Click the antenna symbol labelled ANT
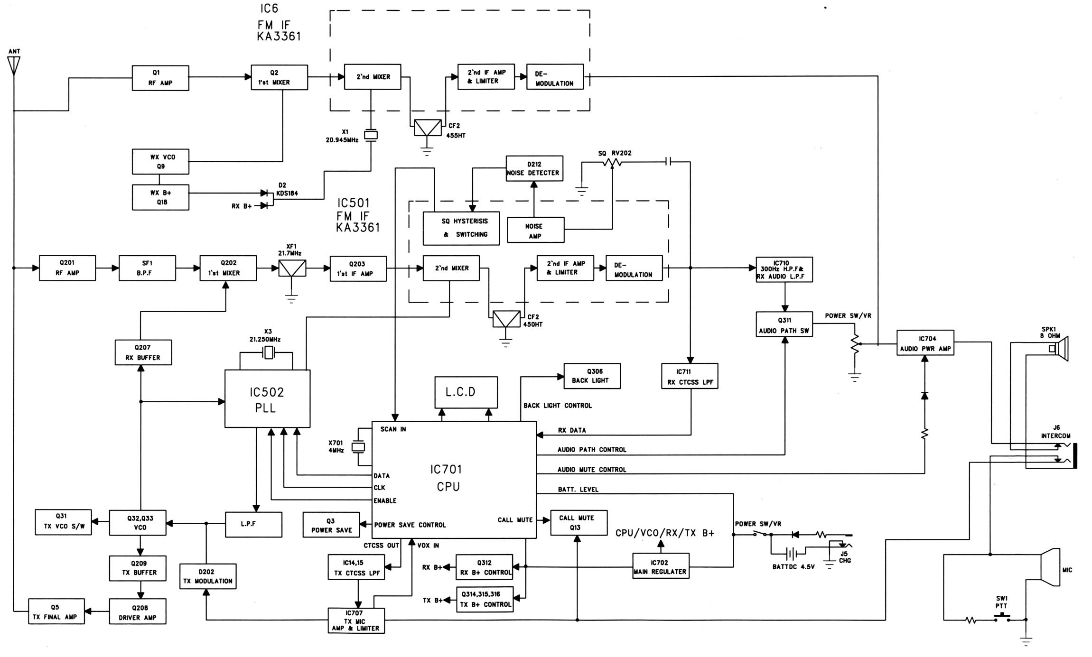coord(14,65)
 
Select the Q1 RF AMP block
coord(160,78)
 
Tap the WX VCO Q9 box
coord(160,162)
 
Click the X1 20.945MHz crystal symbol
coord(371,136)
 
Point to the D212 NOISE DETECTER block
coord(534,168)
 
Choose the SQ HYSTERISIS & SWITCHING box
coord(461,228)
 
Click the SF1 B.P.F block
coord(147,268)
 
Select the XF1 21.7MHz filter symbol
coord(292,268)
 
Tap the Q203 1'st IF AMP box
coord(358,269)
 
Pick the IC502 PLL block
coord(267,399)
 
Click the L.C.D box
coord(466,392)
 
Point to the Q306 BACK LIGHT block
coord(591,376)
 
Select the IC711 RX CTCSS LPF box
coord(690,376)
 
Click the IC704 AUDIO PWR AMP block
coord(925,343)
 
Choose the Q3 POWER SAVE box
coord(331,525)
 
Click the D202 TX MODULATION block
coord(207,576)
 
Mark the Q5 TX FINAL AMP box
coord(56,611)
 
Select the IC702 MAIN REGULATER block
coord(660,566)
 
